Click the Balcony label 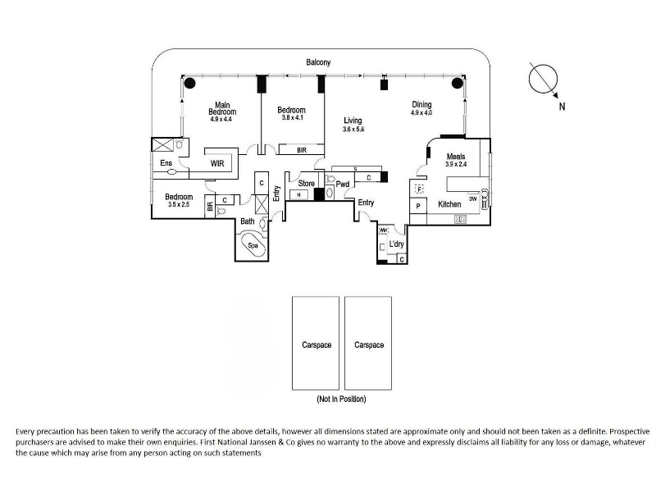coord(318,62)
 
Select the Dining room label coord(421,104)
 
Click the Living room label coord(353,121)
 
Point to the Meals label coord(456,156)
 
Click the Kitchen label coord(449,203)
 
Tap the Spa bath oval coord(253,244)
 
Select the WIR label coord(217,163)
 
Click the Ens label coord(166,163)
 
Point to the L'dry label coord(398,244)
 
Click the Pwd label coord(343,184)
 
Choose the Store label coord(307,183)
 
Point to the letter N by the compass coord(562,106)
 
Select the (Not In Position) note coord(341,399)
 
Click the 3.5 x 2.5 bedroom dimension coord(178,204)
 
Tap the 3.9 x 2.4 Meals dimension coord(456,164)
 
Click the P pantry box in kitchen coord(417,206)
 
